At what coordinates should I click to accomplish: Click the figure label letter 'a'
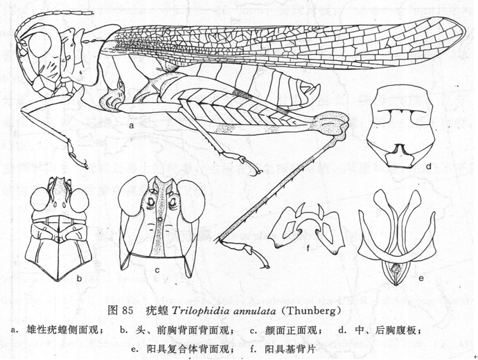pos(132,125)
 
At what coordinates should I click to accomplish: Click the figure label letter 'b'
pos(80,278)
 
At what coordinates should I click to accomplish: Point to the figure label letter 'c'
pos(157,270)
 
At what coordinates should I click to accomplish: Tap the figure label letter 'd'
pos(429,166)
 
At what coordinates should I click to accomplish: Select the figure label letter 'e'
pos(421,278)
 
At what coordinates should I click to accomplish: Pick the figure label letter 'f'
pos(308,249)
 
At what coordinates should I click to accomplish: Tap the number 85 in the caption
pos(127,311)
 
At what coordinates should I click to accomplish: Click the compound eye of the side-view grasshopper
pos(40,44)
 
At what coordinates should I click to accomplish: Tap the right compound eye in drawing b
pos(79,200)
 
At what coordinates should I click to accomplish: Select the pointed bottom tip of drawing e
pos(396,285)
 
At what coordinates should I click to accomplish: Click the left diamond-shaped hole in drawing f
pos(287,229)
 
